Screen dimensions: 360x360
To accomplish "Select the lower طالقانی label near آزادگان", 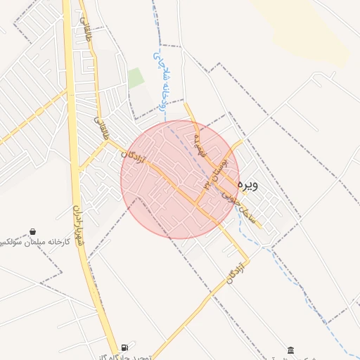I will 101,128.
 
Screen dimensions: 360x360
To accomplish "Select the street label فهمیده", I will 199,145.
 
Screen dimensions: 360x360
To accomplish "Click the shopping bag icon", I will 32,231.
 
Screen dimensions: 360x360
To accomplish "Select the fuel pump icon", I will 124,346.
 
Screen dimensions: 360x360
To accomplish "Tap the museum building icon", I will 291,349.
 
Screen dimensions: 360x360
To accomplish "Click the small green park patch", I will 135,79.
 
